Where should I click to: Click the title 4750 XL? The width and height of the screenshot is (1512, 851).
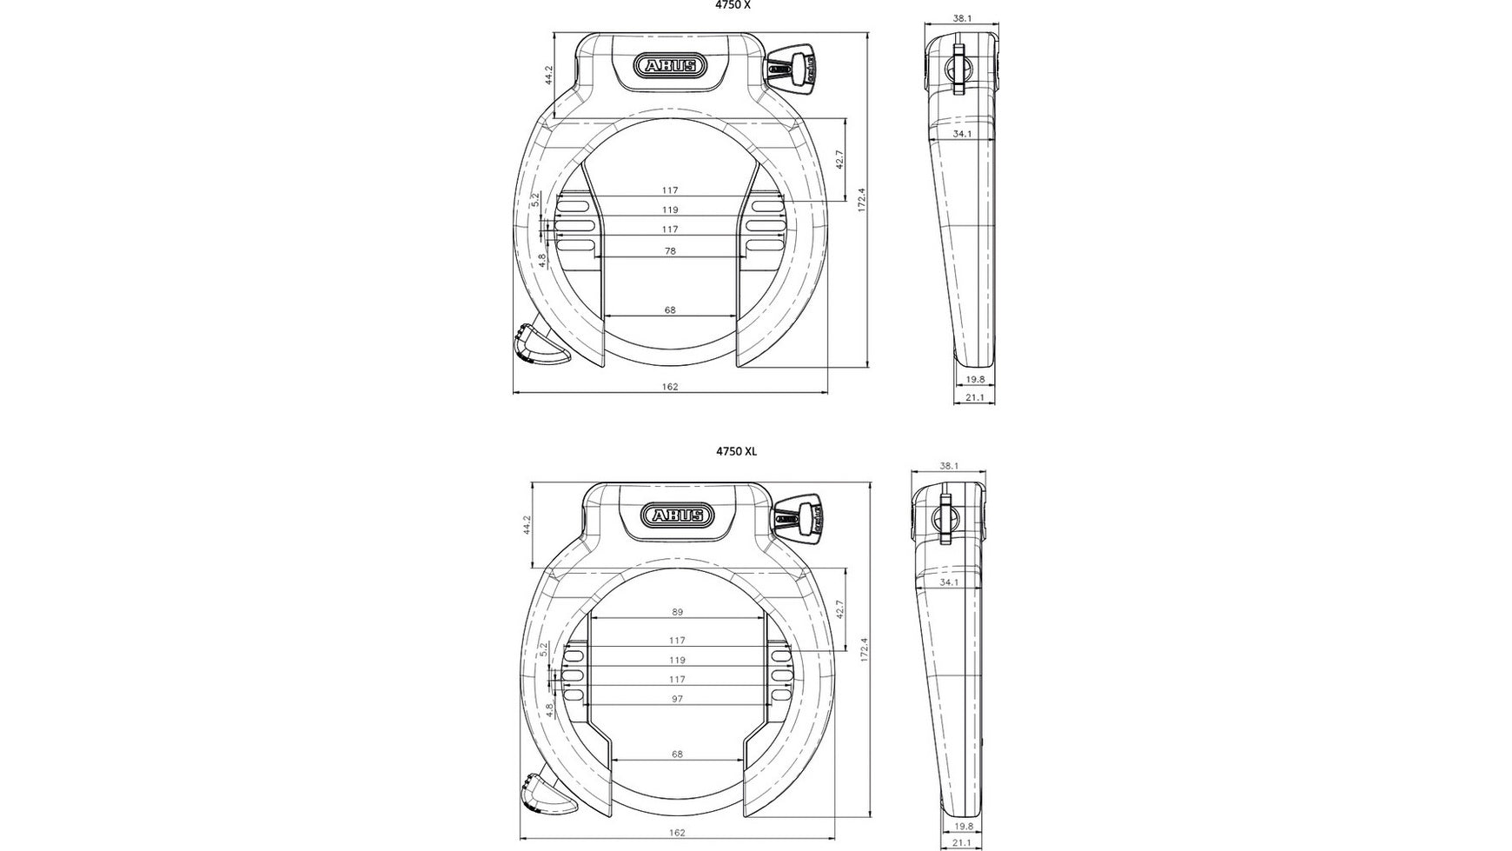pos(736,451)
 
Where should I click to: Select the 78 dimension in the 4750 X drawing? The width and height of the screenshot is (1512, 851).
pos(669,251)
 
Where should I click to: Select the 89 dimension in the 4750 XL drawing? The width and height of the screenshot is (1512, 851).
pos(677,612)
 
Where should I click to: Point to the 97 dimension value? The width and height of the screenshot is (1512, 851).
pos(677,699)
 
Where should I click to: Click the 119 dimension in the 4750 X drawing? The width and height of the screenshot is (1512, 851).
pos(669,210)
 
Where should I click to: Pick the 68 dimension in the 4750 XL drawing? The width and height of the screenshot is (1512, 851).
pos(677,755)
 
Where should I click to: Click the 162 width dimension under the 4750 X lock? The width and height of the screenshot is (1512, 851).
pos(669,387)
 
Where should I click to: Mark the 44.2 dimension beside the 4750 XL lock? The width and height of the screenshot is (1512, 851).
pos(527,524)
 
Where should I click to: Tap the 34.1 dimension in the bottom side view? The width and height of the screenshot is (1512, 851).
pos(950,582)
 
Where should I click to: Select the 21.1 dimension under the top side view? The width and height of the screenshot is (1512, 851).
pos(974,397)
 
